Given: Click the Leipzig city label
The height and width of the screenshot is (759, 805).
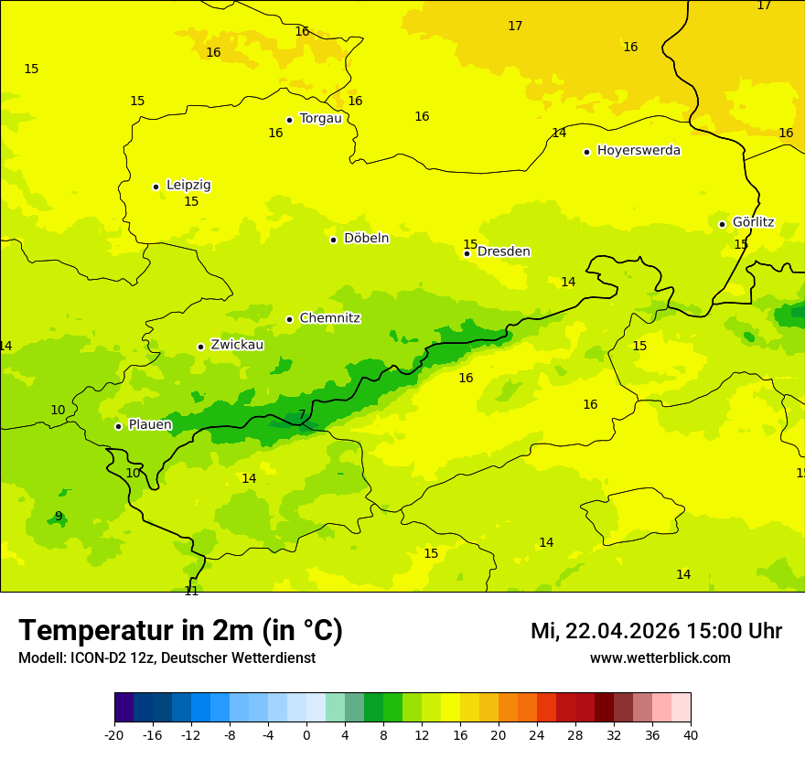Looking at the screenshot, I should [x=188, y=185].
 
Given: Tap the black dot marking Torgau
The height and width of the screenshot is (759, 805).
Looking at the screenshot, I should [x=289, y=120].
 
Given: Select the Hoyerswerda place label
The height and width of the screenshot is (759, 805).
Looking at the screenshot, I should [x=639, y=150].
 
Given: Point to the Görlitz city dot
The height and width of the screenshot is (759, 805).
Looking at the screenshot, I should [x=722, y=224].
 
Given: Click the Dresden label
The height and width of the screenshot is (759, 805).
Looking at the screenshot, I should [x=503, y=251].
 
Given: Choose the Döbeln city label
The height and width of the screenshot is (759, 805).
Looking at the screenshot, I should [x=366, y=238].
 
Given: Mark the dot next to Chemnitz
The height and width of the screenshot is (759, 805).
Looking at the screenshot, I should [x=289, y=319].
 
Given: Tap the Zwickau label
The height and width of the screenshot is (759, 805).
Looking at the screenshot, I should [x=237, y=345].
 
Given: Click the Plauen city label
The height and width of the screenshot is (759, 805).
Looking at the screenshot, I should [x=150, y=424].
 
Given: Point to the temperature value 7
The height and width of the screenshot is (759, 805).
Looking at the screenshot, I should [x=302, y=414].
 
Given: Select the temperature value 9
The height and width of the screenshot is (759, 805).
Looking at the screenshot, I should [x=59, y=516].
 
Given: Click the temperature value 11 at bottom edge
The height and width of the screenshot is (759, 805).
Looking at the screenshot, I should [x=191, y=591].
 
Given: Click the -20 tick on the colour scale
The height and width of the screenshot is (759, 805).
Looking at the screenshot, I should [x=114, y=734].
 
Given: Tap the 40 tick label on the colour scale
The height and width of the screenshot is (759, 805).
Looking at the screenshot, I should [x=690, y=734].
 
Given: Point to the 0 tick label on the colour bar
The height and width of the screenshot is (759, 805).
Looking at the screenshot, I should [x=306, y=734].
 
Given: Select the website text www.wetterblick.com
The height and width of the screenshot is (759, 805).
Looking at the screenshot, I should [x=660, y=657].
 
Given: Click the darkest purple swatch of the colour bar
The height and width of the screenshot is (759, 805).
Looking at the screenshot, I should [x=123, y=708].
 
